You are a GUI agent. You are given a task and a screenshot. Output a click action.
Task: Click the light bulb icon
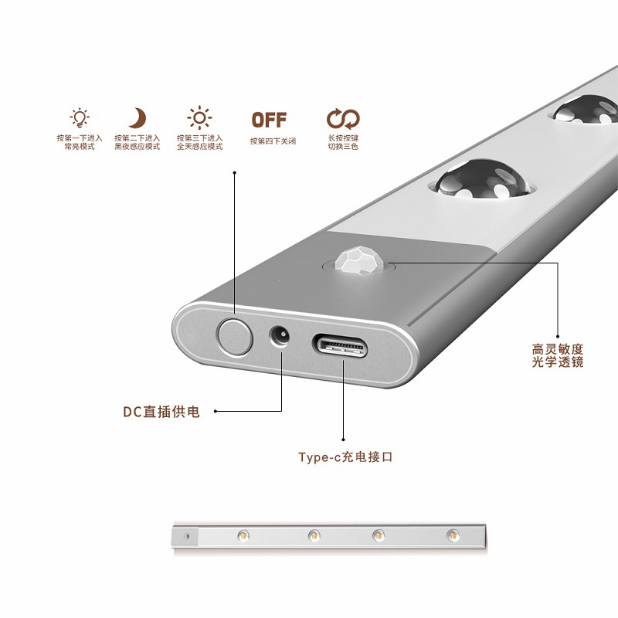pos(80,118)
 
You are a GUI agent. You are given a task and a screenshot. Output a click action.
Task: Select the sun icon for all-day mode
pos(199,118)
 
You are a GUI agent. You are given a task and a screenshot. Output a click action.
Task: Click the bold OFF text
pos(269,120)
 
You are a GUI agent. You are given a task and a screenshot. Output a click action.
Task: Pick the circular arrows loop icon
pos(343,119)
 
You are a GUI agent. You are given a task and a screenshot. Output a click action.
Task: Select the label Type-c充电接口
pos(345,457)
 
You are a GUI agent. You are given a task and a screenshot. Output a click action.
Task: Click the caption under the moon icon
pos(138,142)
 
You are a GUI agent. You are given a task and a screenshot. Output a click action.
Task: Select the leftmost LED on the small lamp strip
pos(243,535)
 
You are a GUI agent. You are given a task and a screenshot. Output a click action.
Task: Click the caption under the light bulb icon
pos(80,142)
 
